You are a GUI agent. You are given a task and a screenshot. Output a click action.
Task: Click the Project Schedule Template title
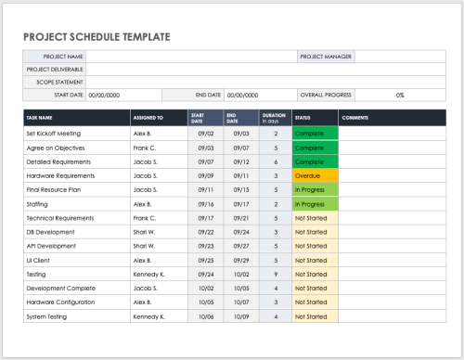pyautogui.click(x=97, y=37)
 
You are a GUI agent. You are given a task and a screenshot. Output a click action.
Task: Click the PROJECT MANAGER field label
pyautogui.click(x=325, y=57)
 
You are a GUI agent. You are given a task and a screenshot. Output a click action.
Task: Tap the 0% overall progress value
pyautogui.click(x=400, y=95)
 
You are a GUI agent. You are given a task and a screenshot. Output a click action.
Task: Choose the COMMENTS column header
pyautogui.click(x=355, y=118)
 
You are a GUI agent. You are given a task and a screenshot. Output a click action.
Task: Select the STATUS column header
pyautogui.click(x=303, y=118)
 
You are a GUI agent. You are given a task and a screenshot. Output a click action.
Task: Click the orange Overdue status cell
pyautogui.click(x=315, y=174)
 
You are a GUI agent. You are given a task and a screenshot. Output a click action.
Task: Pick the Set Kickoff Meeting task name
pyautogui.click(x=54, y=134)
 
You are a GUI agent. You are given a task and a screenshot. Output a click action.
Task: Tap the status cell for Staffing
pyautogui.click(x=315, y=203)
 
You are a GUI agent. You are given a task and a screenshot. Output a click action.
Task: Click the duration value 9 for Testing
pyautogui.click(x=275, y=274)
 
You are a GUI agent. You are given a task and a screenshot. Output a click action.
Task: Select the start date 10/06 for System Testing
pyautogui.click(x=207, y=316)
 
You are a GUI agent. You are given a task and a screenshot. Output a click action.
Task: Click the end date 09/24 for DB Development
pyautogui.click(x=241, y=232)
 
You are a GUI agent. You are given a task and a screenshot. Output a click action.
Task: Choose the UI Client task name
pyautogui.click(x=38, y=260)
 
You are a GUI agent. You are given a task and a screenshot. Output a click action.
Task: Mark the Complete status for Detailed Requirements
pyautogui.click(x=315, y=161)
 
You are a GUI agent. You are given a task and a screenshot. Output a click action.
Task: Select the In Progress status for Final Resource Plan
pyautogui.click(x=315, y=189)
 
